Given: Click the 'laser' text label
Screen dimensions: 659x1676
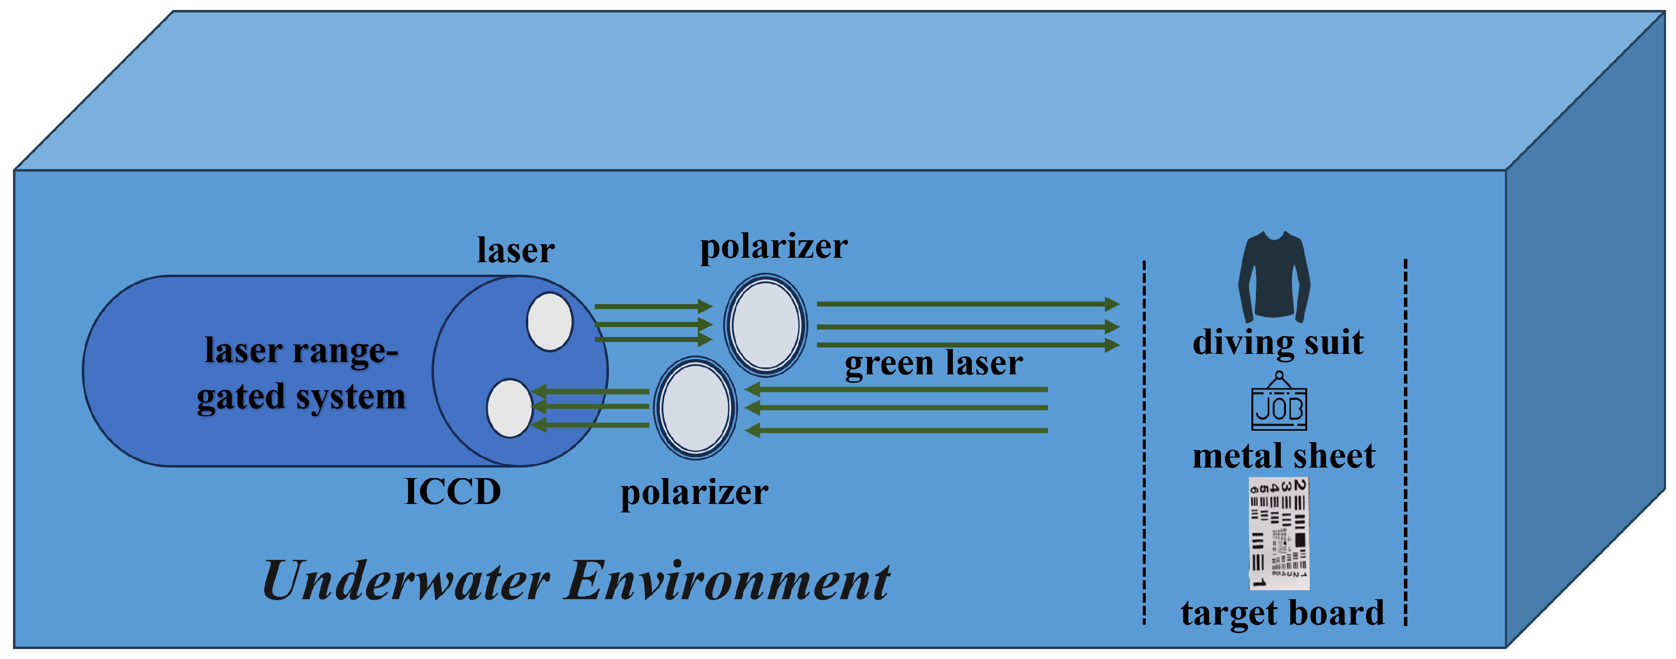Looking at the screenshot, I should pyautogui.click(x=515, y=250).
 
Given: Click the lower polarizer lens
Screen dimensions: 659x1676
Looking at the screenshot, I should pyautogui.click(x=694, y=408).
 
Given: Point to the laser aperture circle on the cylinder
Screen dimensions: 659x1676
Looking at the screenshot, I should pyautogui.click(x=550, y=322).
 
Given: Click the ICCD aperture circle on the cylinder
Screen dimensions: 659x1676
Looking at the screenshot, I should pyautogui.click(x=509, y=408).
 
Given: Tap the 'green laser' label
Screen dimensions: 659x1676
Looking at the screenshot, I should pyautogui.click(x=933, y=363).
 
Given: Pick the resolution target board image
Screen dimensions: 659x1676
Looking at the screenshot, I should pyautogui.click(x=1278, y=533).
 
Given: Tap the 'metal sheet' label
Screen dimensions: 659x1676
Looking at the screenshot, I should pyautogui.click(x=1283, y=456).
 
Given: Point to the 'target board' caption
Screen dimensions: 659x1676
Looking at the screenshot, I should pyautogui.click(x=1282, y=613).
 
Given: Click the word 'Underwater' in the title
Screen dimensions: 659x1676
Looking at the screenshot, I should pyautogui.click(x=407, y=581).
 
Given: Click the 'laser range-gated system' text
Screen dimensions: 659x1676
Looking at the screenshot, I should pyautogui.click(x=301, y=374).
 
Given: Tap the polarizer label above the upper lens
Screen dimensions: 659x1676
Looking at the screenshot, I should pyautogui.click(x=773, y=247).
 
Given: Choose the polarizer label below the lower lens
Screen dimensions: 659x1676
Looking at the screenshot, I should pyautogui.click(x=694, y=493).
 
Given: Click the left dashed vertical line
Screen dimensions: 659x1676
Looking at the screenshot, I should pyautogui.click(x=1144, y=442).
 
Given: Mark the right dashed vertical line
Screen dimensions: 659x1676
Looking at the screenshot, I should pyautogui.click(x=1405, y=442).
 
